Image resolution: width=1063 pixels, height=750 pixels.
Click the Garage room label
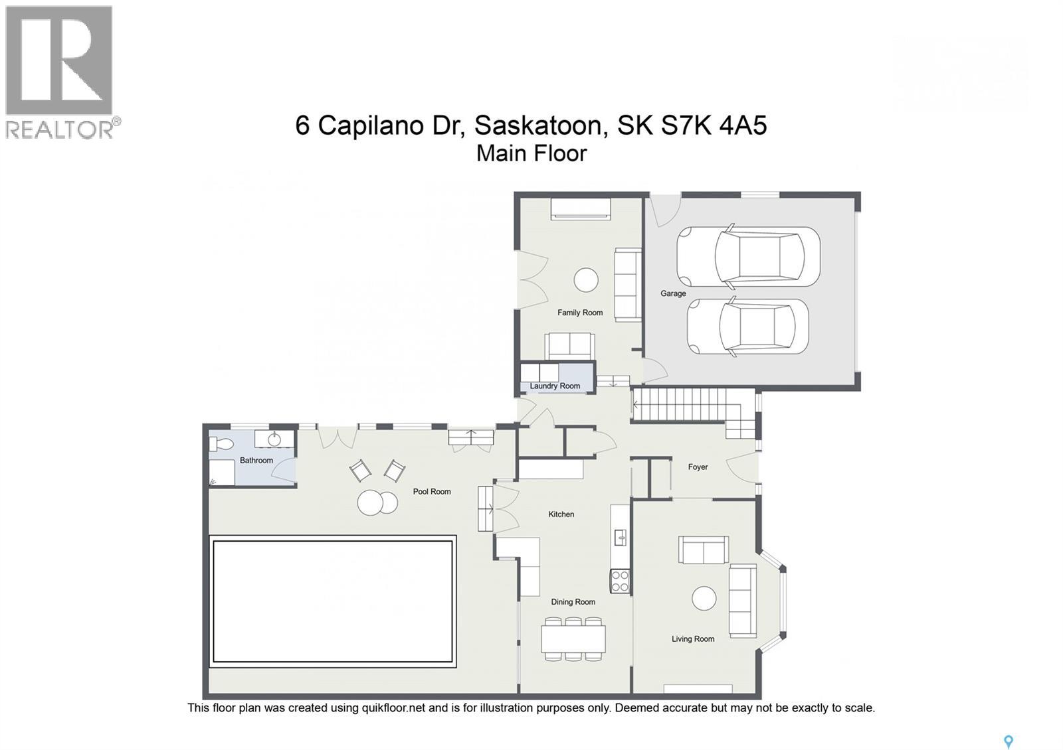(672, 293)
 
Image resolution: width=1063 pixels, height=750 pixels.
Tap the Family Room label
(579, 313)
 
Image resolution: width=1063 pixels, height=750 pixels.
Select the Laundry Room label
(555, 386)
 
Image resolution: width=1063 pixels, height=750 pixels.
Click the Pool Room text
(432, 492)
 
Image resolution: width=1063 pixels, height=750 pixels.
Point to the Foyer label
(698, 467)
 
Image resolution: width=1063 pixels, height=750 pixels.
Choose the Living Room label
(692, 639)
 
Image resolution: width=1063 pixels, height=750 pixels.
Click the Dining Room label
(573, 602)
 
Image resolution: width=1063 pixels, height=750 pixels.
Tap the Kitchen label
(561, 514)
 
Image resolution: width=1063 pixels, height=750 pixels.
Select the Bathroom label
(256, 461)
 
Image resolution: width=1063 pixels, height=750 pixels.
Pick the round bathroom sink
(274, 439)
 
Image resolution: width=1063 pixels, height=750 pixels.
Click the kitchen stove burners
(620, 581)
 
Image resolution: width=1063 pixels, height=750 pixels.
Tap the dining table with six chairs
(573, 639)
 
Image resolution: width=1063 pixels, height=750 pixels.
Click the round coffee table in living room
(704, 599)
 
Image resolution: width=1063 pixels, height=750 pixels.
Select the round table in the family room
(585, 279)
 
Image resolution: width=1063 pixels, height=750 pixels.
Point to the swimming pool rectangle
(332, 601)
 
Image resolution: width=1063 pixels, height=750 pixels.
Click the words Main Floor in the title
(531, 153)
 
